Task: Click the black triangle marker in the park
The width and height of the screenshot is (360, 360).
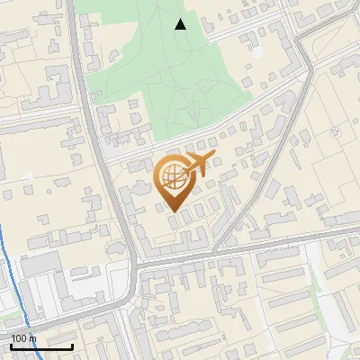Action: [181, 24]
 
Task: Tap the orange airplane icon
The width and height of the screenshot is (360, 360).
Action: [199, 163]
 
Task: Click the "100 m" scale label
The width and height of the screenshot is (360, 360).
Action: [23, 338]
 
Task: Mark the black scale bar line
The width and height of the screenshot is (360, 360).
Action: [41, 346]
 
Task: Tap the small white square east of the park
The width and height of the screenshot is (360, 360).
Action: [259, 52]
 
